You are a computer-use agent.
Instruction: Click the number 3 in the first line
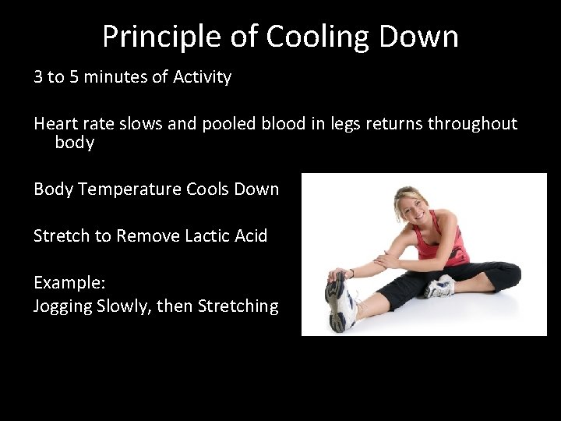[38, 77]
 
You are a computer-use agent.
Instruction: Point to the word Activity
[202, 77]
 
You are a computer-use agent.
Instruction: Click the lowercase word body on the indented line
[74, 143]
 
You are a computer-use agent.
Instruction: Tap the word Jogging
[62, 306]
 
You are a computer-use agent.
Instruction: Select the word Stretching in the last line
[238, 306]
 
